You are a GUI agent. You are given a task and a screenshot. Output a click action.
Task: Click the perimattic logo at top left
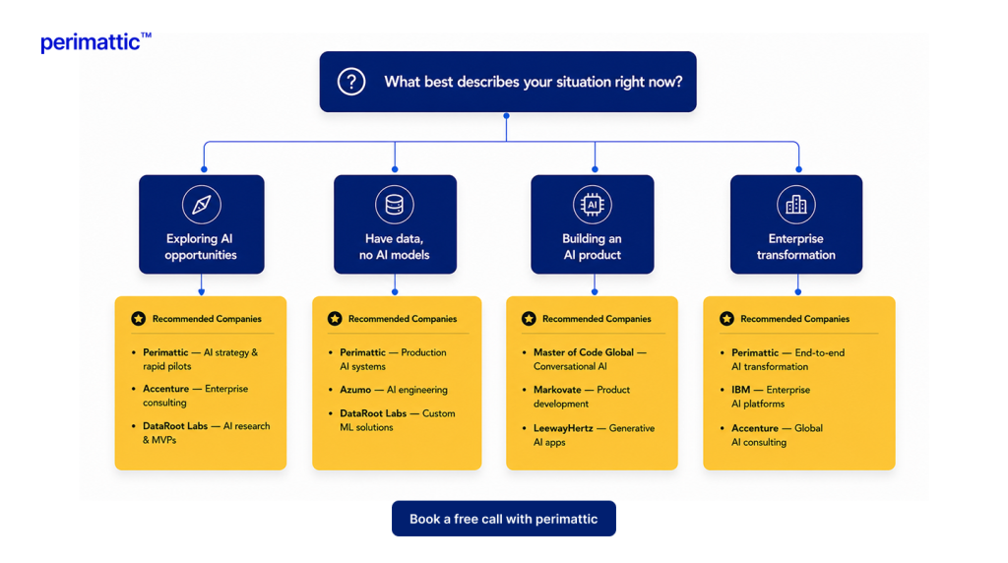pyautogui.click(x=95, y=42)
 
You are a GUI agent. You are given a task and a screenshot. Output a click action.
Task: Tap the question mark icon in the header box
pyautogui.click(x=351, y=82)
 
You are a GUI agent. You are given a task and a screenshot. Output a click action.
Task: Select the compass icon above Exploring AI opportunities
pyautogui.click(x=201, y=205)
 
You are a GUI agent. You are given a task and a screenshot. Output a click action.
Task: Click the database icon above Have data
pyautogui.click(x=394, y=205)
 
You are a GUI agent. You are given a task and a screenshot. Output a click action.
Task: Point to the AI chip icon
pyautogui.click(x=592, y=205)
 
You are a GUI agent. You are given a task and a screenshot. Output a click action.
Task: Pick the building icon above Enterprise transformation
pyautogui.click(x=795, y=205)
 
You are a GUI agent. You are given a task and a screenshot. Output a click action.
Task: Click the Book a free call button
pyautogui.click(x=504, y=519)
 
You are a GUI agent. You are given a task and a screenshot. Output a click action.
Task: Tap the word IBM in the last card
pyautogui.click(x=740, y=390)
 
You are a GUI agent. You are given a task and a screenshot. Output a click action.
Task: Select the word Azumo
pyautogui.click(x=355, y=390)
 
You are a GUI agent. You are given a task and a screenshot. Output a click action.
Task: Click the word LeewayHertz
pyautogui.click(x=563, y=428)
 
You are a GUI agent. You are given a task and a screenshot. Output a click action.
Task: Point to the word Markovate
pyautogui.click(x=557, y=390)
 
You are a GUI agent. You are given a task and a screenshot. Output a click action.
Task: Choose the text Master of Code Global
pyautogui.click(x=584, y=352)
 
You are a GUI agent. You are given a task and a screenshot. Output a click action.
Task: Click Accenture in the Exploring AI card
pyautogui.click(x=165, y=389)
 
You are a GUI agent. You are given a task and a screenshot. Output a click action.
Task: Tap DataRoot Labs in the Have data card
pyautogui.click(x=373, y=413)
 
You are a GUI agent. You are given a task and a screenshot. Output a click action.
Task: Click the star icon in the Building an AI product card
pyautogui.click(x=529, y=319)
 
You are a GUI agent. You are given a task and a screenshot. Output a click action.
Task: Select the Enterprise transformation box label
pyautogui.click(x=795, y=247)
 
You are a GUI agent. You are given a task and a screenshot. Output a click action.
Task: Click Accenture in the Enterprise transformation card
pyautogui.click(x=755, y=428)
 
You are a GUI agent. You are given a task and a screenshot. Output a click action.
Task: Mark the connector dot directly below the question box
pyautogui.click(x=507, y=116)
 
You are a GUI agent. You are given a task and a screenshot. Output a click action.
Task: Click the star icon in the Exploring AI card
pyautogui.click(x=138, y=319)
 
